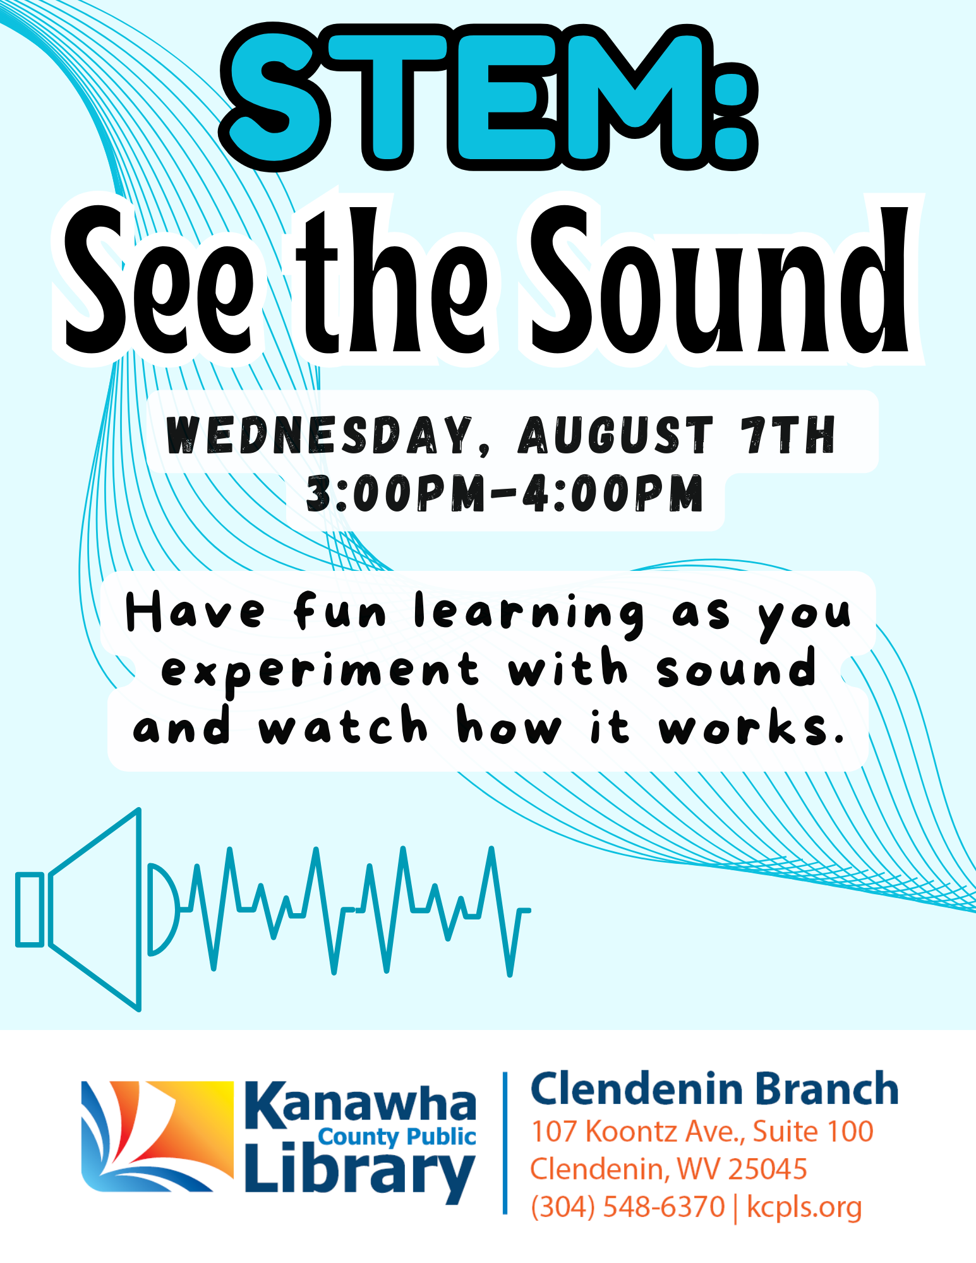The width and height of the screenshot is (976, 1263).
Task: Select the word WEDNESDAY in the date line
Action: (x=320, y=435)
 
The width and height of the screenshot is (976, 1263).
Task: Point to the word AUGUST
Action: (x=615, y=435)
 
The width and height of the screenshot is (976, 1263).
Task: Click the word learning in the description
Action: (x=529, y=614)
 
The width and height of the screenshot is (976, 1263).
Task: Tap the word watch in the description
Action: (x=344, y=724)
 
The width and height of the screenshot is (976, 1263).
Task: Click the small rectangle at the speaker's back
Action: (x=30, y=910)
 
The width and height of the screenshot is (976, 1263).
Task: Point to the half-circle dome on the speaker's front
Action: (x=164, y=909)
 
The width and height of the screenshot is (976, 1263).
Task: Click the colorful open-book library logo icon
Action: (x=157, y=1137)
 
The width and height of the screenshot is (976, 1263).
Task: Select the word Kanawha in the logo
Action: (x=360, y=1105)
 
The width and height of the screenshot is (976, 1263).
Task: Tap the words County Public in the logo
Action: (x=397, y=1137)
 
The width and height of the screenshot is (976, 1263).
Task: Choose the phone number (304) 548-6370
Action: (x=627, y=1207)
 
